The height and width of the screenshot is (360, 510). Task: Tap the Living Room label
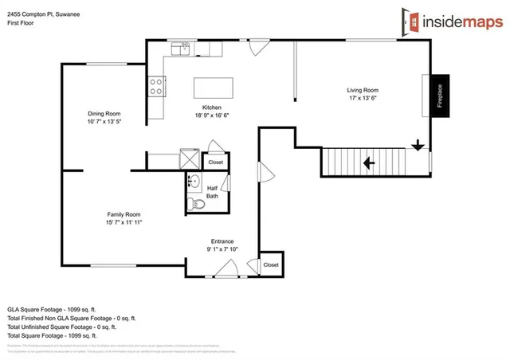362,91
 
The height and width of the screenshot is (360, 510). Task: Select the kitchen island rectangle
214,86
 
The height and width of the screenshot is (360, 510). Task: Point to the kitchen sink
183,48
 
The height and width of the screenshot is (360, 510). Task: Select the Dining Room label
104,113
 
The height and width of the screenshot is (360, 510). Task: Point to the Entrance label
222,241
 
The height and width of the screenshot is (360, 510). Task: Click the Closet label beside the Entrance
271,264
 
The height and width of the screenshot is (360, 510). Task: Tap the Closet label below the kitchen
215,162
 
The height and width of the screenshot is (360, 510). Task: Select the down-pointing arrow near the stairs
417,146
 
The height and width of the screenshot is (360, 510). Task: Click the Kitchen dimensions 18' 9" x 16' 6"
211,116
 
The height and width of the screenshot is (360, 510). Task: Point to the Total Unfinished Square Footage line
61,326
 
